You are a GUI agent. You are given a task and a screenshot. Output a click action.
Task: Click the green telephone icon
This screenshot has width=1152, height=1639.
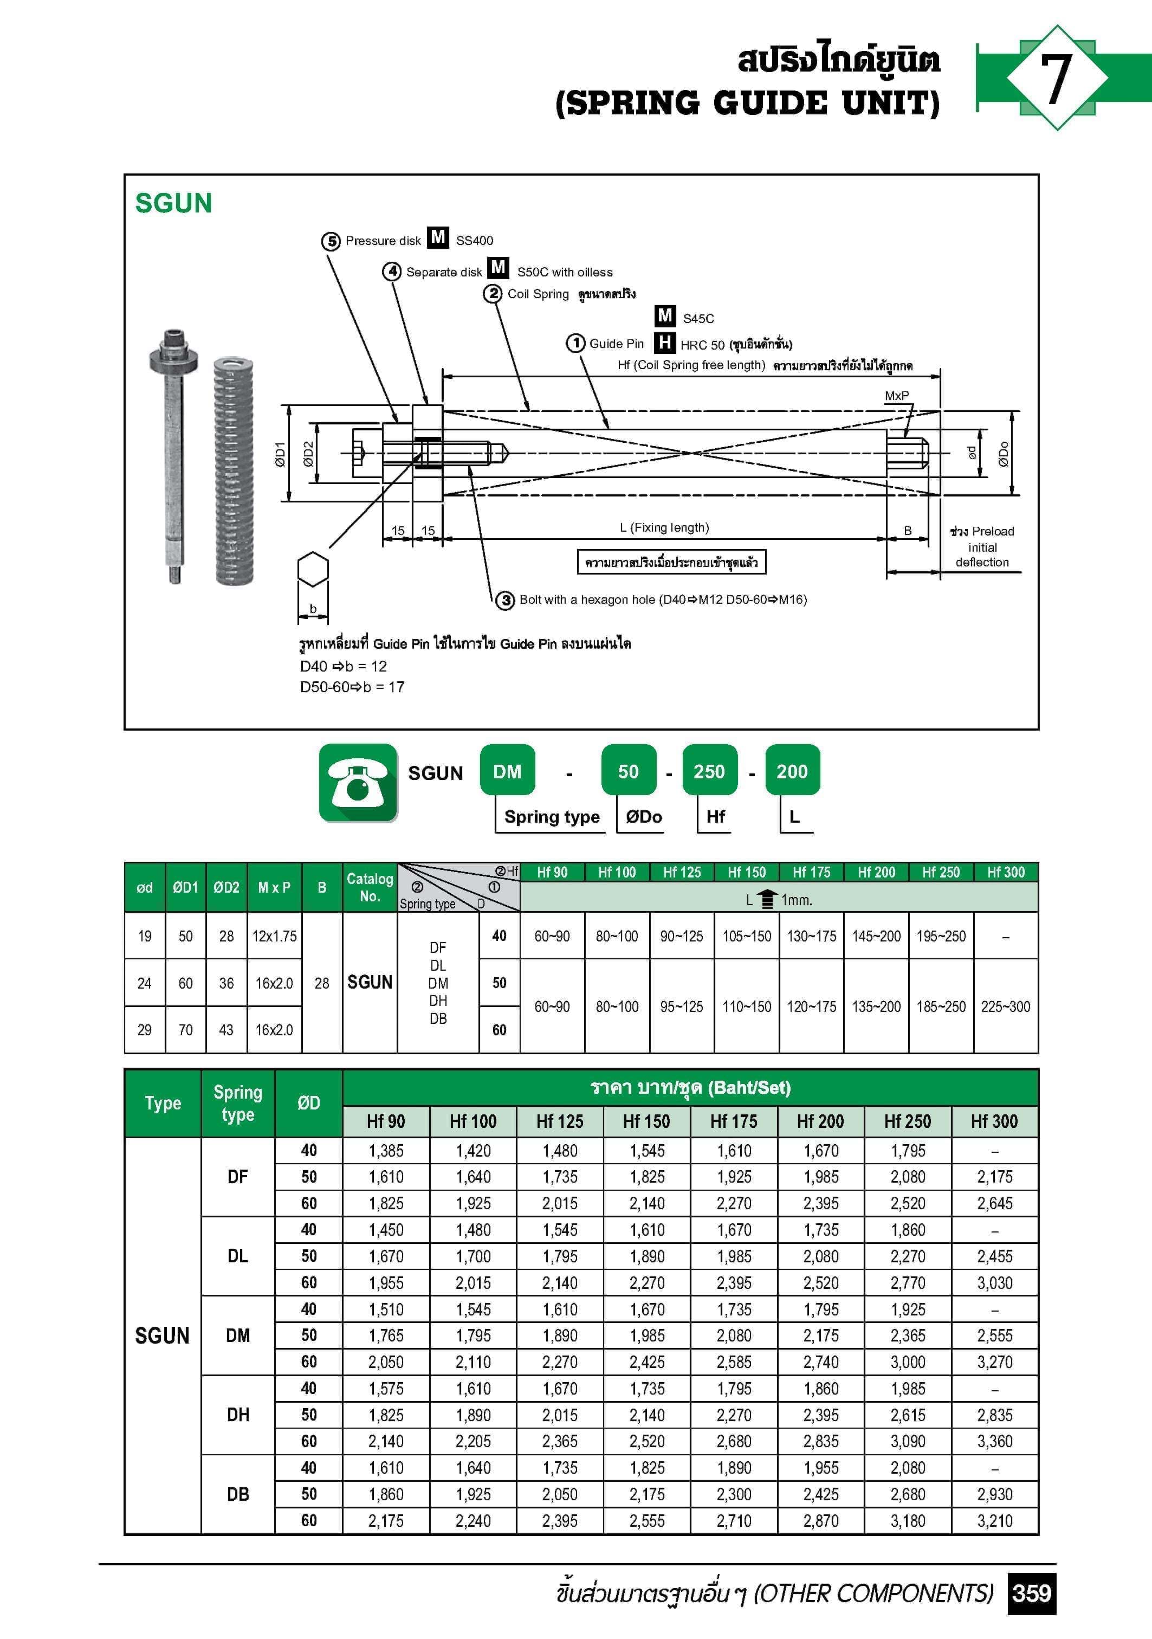pos(358,783)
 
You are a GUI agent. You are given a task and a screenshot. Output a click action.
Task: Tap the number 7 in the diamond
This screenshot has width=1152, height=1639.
pos(1056,79)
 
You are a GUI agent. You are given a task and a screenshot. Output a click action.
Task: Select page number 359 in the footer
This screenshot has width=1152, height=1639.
pos(1031,1592)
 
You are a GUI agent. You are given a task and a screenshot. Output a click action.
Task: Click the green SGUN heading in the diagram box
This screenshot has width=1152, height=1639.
pos(173,203)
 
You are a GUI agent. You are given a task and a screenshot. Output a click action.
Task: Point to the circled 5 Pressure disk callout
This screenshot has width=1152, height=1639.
pos(331,241)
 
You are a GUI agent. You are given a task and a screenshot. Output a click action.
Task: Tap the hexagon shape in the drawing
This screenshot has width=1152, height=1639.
pos(313,570)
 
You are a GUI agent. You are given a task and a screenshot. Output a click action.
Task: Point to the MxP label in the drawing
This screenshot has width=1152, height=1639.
pos(896,396)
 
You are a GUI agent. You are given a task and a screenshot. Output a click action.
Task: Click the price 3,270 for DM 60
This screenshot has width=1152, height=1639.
pos(994,1362)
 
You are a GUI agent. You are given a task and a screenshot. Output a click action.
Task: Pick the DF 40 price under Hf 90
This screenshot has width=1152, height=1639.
pos(386,1151)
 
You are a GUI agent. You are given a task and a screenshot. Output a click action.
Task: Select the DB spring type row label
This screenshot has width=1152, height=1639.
pos(238,1494)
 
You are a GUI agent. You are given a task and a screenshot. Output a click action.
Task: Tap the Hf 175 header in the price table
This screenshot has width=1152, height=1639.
pos(734,1121)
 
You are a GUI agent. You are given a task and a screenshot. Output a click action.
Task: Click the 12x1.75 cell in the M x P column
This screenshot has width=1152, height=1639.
pos(274,936)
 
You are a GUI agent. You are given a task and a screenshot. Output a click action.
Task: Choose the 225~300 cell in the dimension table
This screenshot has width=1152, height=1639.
pos(1005,1006)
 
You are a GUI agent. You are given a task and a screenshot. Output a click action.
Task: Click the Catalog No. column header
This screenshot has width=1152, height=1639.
pos(370,887)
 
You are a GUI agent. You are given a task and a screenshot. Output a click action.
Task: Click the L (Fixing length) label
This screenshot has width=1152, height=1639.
pos(664,527)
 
